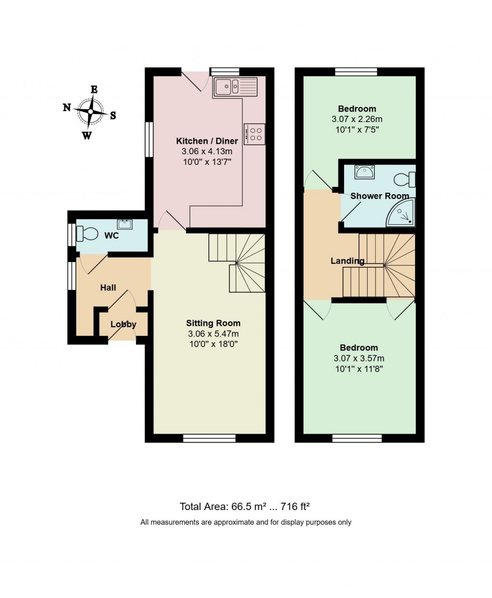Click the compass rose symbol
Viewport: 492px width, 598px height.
click(90, 112)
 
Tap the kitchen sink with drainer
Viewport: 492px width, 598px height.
click(235, 87)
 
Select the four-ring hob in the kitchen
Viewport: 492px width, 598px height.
click(254, 134)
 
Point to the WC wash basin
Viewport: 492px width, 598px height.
click(125, 224)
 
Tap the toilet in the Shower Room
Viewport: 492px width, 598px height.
click(405, 180)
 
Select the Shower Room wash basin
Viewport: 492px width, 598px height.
click(364, 172)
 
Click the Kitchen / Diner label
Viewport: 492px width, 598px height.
click(207, 141)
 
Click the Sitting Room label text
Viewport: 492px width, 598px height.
click(213, 323)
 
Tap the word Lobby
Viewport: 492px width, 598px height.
click(123, 324)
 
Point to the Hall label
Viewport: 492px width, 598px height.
click(108, 287)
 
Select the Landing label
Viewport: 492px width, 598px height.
click(347, 261)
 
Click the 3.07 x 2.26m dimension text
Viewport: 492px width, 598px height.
click(357, 119)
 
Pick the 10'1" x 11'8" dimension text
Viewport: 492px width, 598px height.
click(359, 369)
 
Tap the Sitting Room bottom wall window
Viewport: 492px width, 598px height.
click(209, 438)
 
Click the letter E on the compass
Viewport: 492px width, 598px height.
click(94, 90)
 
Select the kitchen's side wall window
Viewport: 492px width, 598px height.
click(149, 139)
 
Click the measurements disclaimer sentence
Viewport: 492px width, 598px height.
click(246, 522)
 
